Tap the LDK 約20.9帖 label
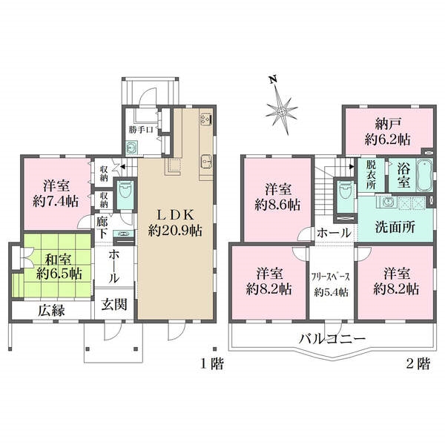tap(174, 220)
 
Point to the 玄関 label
tap(115, 304)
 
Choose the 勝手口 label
tap(141, 131)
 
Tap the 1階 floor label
tap(211, 364)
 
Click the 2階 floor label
tap(418, 364)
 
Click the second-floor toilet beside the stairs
tap(344, 191)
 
